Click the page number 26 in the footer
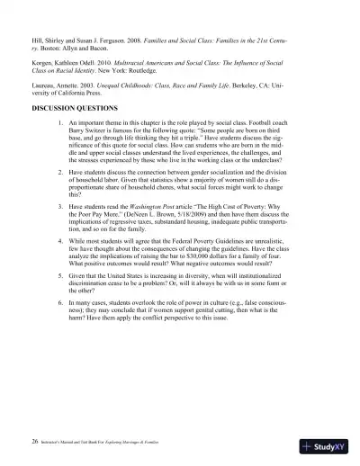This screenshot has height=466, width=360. tap(33, 443)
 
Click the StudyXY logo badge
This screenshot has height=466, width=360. tap(328, 444)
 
